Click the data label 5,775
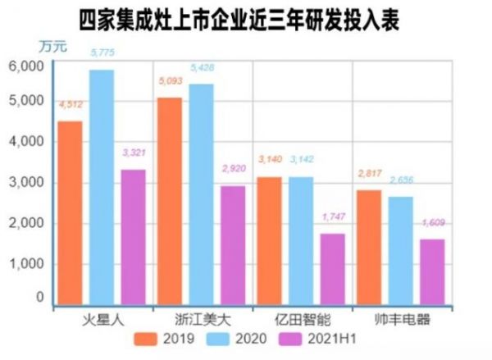point(102,53)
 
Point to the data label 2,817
point(370,173)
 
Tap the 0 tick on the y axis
point(39,299)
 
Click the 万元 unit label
point(52,46)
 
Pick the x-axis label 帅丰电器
point(401,318)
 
